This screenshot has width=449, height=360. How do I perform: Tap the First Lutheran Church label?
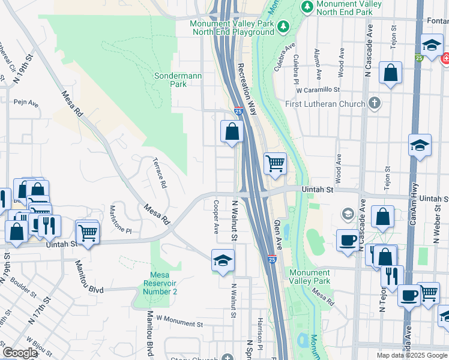[325, 104]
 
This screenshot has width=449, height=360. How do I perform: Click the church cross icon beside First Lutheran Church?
[375, 103]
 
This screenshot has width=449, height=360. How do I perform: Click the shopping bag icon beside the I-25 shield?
[232, 131]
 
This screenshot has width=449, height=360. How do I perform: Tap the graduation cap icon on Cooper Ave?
[223, 260]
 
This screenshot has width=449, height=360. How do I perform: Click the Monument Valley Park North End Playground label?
[231, 28]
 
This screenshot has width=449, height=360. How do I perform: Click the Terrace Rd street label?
[159, 173]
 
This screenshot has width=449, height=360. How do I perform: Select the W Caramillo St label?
[318, 90]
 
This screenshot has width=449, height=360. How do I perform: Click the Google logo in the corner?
[20, 353]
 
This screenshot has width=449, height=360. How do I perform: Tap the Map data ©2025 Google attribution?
[411, 355]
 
